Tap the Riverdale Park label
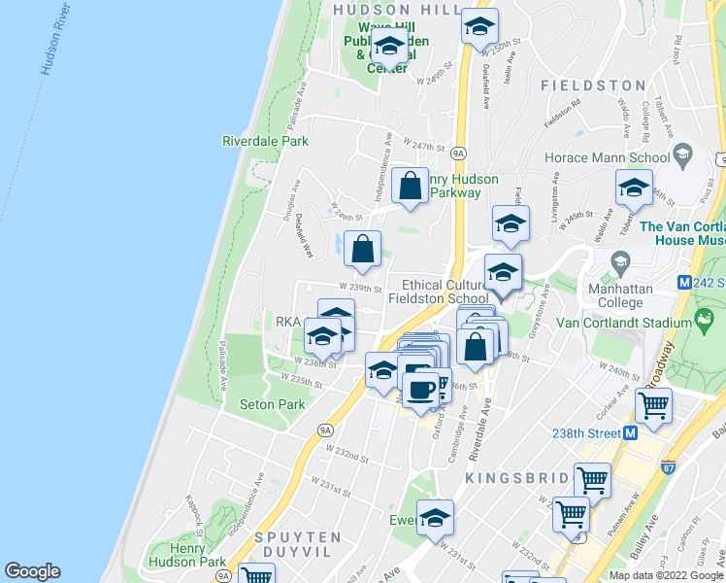[x=265, y=141]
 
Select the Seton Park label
[x=272, y=404]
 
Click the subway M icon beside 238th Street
[x=630, y=432]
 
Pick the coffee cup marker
[x=420, y=391]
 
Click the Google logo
[x=32, y=571]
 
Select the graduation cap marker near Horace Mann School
[x=634, y=188]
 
